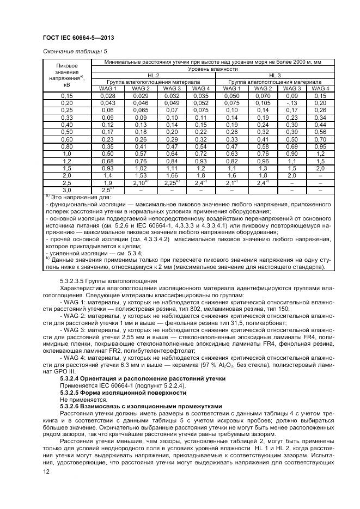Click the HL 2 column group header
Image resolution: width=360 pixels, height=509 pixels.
click(x=154, y=75)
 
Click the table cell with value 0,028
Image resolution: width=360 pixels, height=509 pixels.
click(x=107, y=96)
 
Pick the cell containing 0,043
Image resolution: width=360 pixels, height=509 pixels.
click(x=107, y=103)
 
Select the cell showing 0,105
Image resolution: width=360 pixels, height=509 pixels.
click(x=263, y=103)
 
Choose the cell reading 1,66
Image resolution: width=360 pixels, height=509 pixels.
click(x=172, y=176)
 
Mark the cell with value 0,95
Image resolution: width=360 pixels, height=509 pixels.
click(x=320, y=146)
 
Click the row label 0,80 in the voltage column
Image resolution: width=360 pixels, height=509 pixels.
click(x=67, y=146)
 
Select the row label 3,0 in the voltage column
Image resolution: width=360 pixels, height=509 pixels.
click(x=67, y=191)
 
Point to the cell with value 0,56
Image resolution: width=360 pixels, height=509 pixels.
click(x=320, y=132)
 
